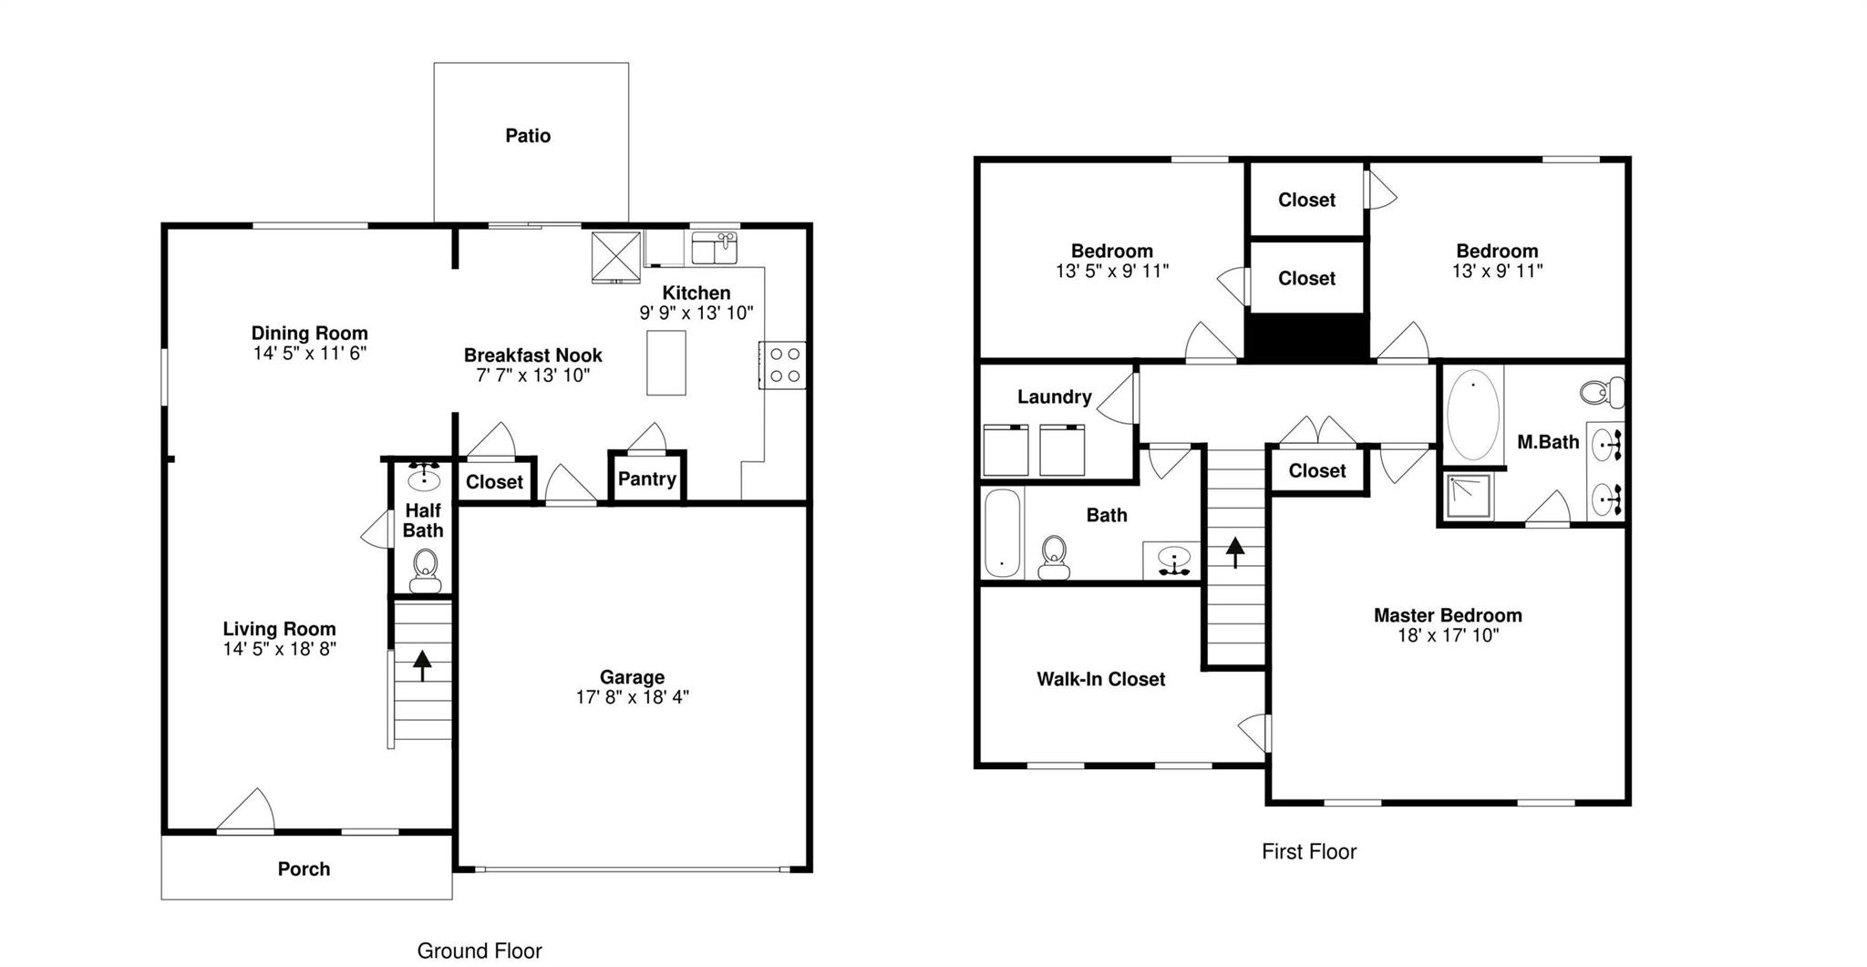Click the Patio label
(x=528, y=136)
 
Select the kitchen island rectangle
(x=666, y=363)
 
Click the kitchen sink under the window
(x=715, y=247)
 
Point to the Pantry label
(x=647, y=478)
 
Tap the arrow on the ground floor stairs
(x=422, y=664)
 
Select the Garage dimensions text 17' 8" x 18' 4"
(x=632, y=697)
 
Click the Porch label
(x=304, y=869)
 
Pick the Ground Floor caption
(x=480, y=951)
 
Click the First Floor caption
(x=1309, y=851)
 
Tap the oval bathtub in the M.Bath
(x=1472, y=415)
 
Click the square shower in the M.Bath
(x=1467, y=497)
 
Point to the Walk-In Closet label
(x=1100, y=679)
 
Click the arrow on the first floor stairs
(x=1235, y=551)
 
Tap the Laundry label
(x=1054, y=396)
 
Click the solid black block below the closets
(x=1306, y=337)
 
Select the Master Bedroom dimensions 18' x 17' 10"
(x=1448, y=635)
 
